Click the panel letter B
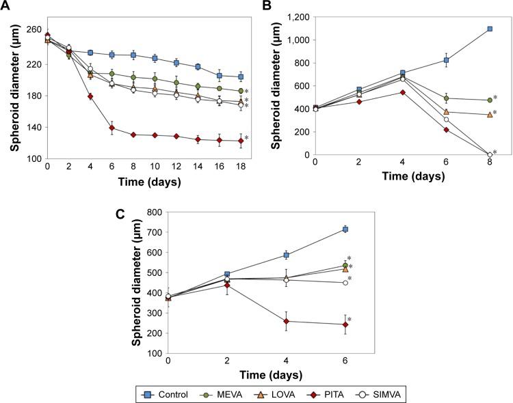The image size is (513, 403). [x=272, y=8]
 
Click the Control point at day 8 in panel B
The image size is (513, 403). [x=490, y=29]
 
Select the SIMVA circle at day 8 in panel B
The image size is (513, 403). [x=490, y=154]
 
